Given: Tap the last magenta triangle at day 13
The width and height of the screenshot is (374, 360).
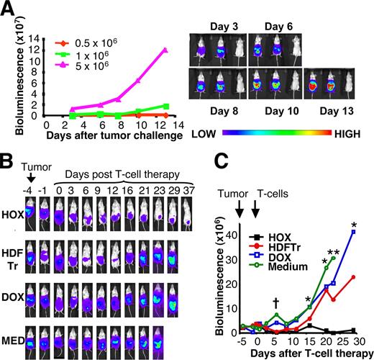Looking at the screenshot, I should click(165, 50).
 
